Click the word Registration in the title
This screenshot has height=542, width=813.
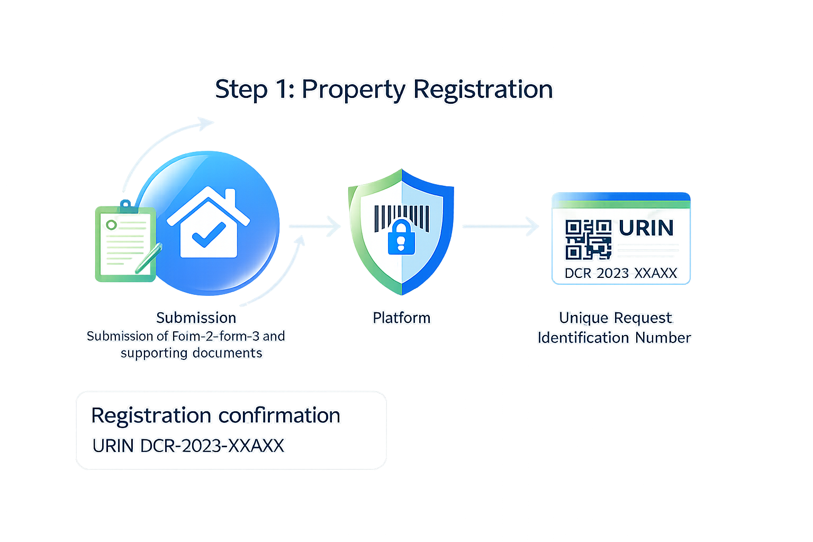click(x=483, y=89)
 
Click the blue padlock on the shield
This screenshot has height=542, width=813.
click(x=401, y=237)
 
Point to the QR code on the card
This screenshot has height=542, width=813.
click(x=588, y=240)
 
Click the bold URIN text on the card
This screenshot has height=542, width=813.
click(x=646, y=228)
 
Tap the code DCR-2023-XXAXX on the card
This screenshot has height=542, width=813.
click(x=621, y=273)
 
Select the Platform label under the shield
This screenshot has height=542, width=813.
click(x=402, y=318)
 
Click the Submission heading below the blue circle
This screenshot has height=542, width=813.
click(x=196, y=318)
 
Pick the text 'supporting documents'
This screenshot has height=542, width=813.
click(x=191, y=353)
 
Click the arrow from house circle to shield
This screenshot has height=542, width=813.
click(x=315, y=227)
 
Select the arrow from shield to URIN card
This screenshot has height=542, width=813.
click(x=501, y=227)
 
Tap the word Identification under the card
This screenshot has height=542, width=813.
click(x=583, y=338)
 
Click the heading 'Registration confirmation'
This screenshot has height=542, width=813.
click(x=215, y=415)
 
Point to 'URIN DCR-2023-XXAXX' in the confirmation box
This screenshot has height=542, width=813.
click(x=188, y=446)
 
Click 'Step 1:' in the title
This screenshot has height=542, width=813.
click(x=254, y=89)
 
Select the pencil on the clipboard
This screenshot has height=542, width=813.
click(x=149, y=258)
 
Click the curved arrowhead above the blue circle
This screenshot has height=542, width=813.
click(x=206, y=123)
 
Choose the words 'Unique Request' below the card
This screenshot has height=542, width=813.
click(x=616, y=318)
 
